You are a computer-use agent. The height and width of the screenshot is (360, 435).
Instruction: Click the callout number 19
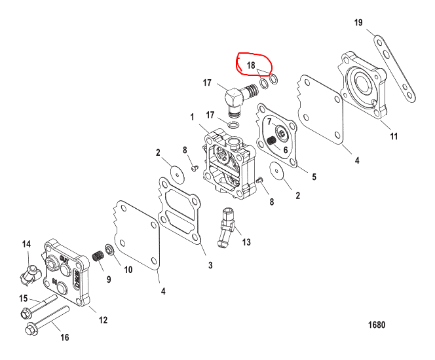pyautogui.click(x=358, y=22)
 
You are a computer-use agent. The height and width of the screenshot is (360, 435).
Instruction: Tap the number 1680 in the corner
pyautogui.click(x=377, y=325)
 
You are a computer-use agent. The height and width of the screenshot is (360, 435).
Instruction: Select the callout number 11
pyautogui.click(x=394, y=136)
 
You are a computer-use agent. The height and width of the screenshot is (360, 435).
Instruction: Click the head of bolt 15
pyautogui.click(x=26, y=314)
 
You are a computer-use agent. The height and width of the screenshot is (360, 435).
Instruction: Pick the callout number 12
pyautogui.click(x=104, y=320)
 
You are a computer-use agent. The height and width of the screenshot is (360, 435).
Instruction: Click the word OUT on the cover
pyautogui.click(x=64, y=260)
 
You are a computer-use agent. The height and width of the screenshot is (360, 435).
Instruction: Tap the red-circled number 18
pyautogui.click(x=251, y=65)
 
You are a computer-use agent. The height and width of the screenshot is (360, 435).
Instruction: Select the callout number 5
pyautogui.click(x=314, y=177)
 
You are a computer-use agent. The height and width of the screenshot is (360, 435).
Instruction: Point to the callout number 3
pyautogui.click(x=210, y=265)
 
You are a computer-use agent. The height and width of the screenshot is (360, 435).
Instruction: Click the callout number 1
pyautogui.click(x=192, y=117)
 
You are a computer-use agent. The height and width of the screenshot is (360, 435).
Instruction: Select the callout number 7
pyautogui.click(x=269, y=122)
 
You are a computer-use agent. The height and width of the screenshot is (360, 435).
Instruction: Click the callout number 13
pyautogui.click(x=246, y=242)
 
